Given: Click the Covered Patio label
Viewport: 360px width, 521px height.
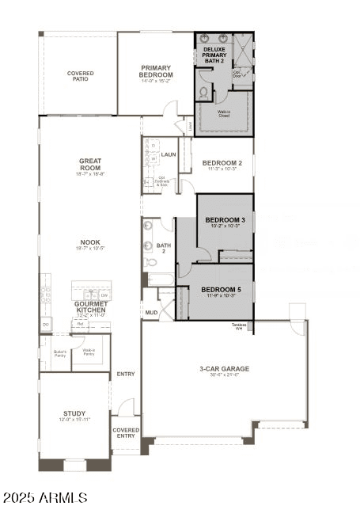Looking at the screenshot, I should click(80, 77).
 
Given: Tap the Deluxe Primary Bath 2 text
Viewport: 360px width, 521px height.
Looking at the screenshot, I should click(214, 55).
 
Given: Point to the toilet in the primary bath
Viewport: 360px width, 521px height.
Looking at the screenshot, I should click(204, 93).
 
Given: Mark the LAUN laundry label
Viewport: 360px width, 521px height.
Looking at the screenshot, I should click(169, 154).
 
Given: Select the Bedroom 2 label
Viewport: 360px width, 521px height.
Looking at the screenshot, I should click(222, 165).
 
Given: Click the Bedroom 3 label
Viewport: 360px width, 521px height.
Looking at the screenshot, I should click(225, 221).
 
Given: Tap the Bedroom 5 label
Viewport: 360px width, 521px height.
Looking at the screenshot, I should click(222, 291).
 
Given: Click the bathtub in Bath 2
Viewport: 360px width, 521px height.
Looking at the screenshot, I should click(159, 280).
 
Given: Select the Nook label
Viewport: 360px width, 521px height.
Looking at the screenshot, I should click(90, 245).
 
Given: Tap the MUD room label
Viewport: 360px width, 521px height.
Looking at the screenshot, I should click(150, 313).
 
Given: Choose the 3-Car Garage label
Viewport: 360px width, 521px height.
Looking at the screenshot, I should click(224, 370).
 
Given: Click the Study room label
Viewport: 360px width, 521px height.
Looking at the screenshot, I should click(74, 415).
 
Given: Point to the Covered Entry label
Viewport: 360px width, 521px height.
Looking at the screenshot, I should click(127, 433).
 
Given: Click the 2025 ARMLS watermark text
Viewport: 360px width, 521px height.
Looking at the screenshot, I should click(44, 497).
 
